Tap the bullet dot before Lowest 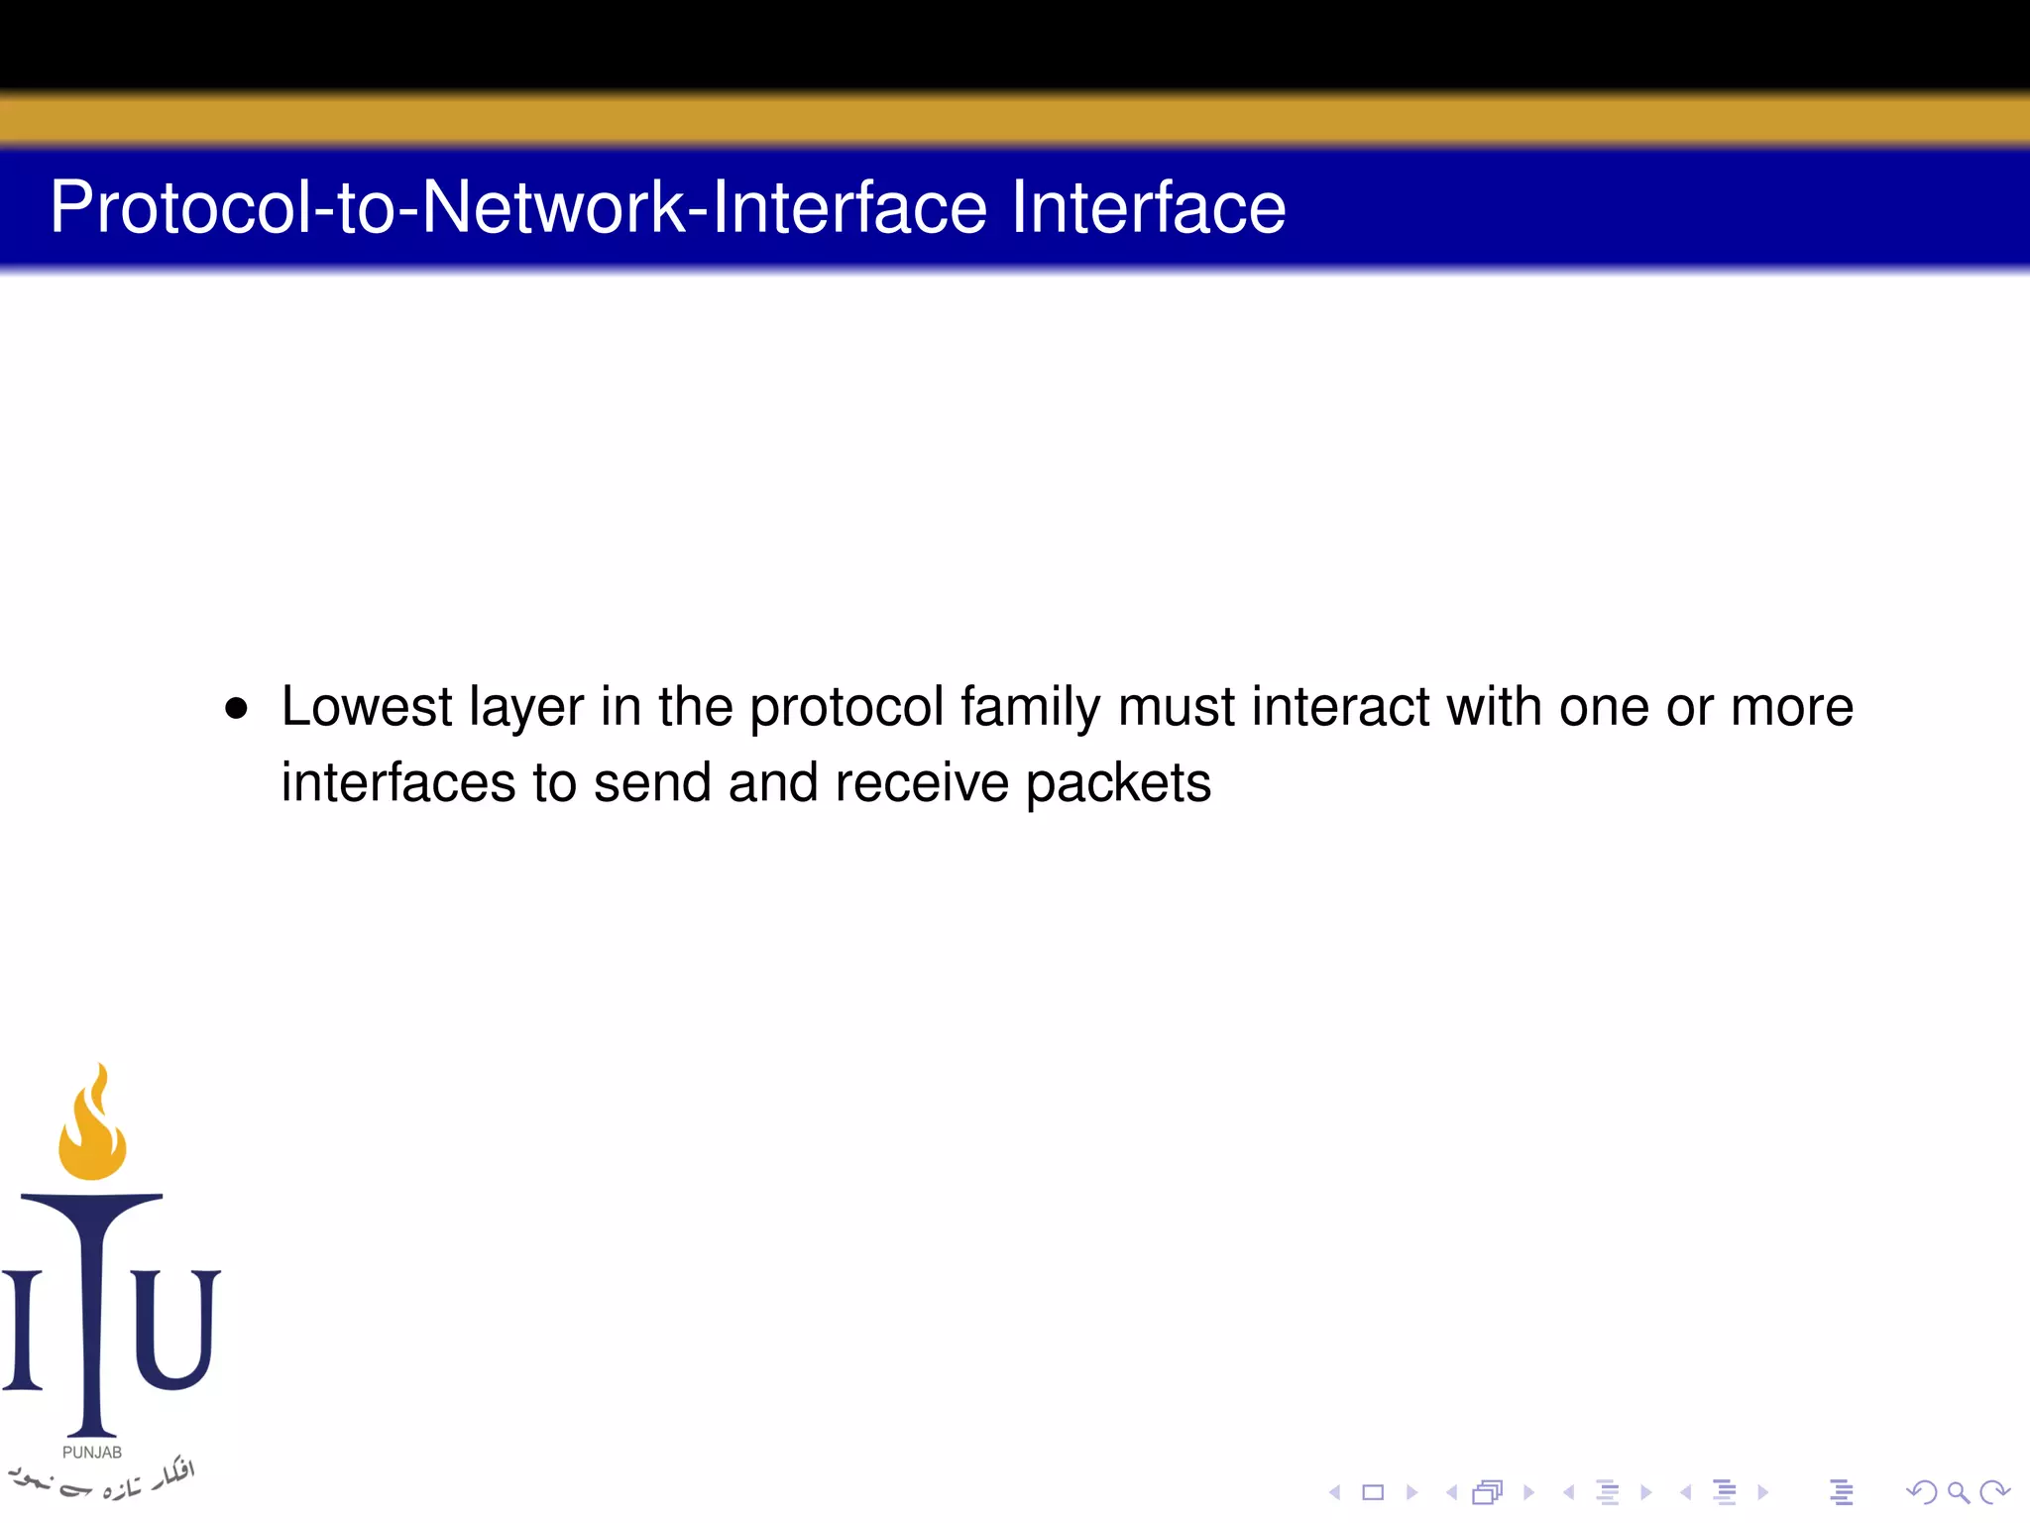(x=236, y=709)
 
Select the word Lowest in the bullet (x=367, y=708)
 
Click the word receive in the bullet (x=921, y=783)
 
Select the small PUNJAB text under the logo (x=92, y=1453)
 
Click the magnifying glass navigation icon (x=1958, y=1492)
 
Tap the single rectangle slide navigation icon (x=1373, y=1492)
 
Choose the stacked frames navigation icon (x=1488, y=1492)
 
